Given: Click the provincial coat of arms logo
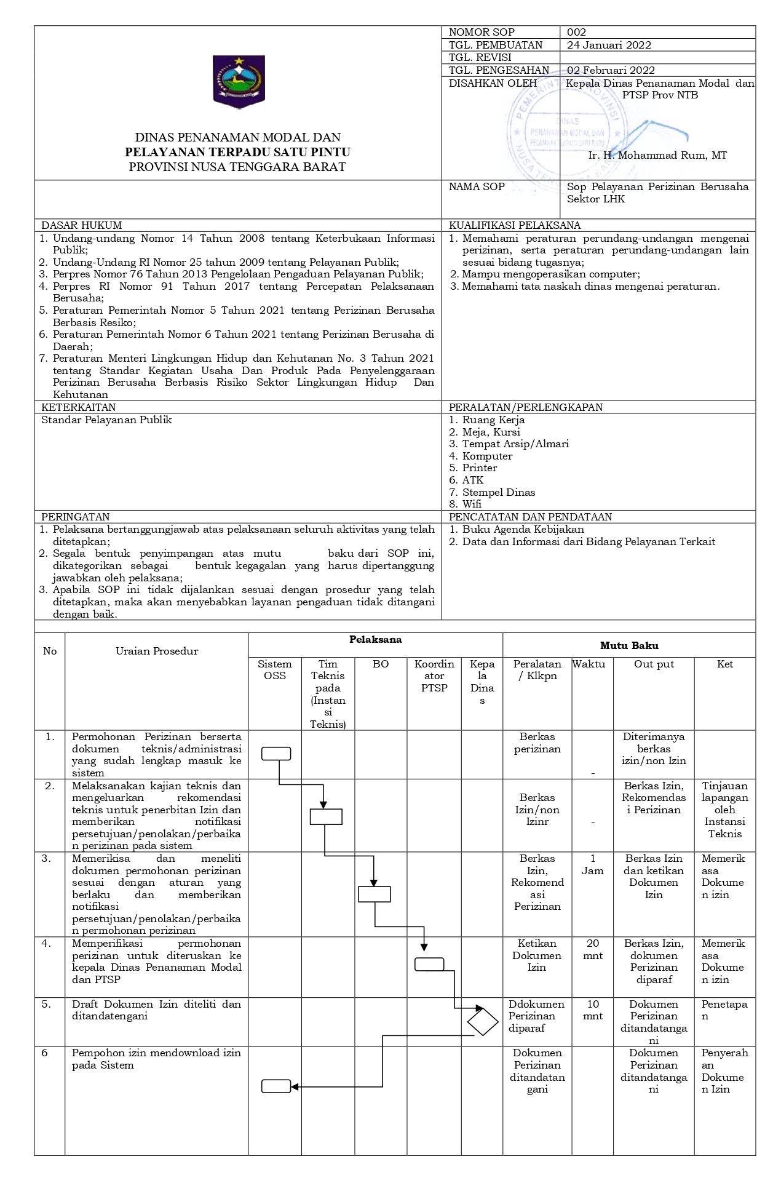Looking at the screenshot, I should pos(239,81).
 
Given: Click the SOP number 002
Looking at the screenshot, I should pos(576,32).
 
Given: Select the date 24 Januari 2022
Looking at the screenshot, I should pos(609,45).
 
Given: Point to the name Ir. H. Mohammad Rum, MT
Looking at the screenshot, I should pos(657,156).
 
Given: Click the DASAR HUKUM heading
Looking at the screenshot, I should pos(81,225).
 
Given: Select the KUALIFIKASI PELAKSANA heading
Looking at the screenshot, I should pos(515,225).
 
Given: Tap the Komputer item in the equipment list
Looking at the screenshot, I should pos(487,456).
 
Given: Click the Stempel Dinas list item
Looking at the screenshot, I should pos(498,492).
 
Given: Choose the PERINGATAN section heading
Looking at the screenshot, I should pos(75,517).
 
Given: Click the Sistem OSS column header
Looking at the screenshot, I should pos(274,670).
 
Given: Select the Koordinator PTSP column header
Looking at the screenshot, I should pos(434,675).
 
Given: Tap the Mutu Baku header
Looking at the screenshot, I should pos(629,645).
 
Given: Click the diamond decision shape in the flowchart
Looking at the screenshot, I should pos(483,1022).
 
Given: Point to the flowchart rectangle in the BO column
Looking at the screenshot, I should pos(375,894).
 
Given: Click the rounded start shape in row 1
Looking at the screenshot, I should pos(276,754).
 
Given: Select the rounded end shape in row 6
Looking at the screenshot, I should pos(276,1086).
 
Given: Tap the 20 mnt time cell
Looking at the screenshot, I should pos(592,949).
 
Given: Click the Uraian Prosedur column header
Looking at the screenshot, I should pos(157,651).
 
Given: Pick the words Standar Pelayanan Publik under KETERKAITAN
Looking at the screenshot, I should pos(106,420).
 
